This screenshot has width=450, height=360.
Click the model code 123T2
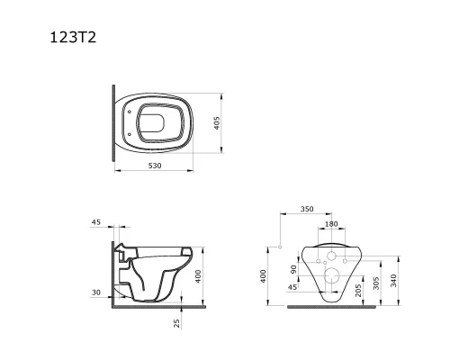coord(73,38)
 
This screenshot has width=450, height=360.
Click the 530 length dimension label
coord(155,166)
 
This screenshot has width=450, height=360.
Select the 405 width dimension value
coord(217,123)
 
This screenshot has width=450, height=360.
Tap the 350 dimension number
coord(307,209)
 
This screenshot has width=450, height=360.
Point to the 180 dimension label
coord(331,224)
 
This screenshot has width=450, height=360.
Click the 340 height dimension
coord(393,281)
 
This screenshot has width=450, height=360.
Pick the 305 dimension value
coord(376,283)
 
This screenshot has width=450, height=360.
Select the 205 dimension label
coord(358,291)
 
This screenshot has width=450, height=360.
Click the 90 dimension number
coord(293,269)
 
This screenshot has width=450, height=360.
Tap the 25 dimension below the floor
coord(177,323)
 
